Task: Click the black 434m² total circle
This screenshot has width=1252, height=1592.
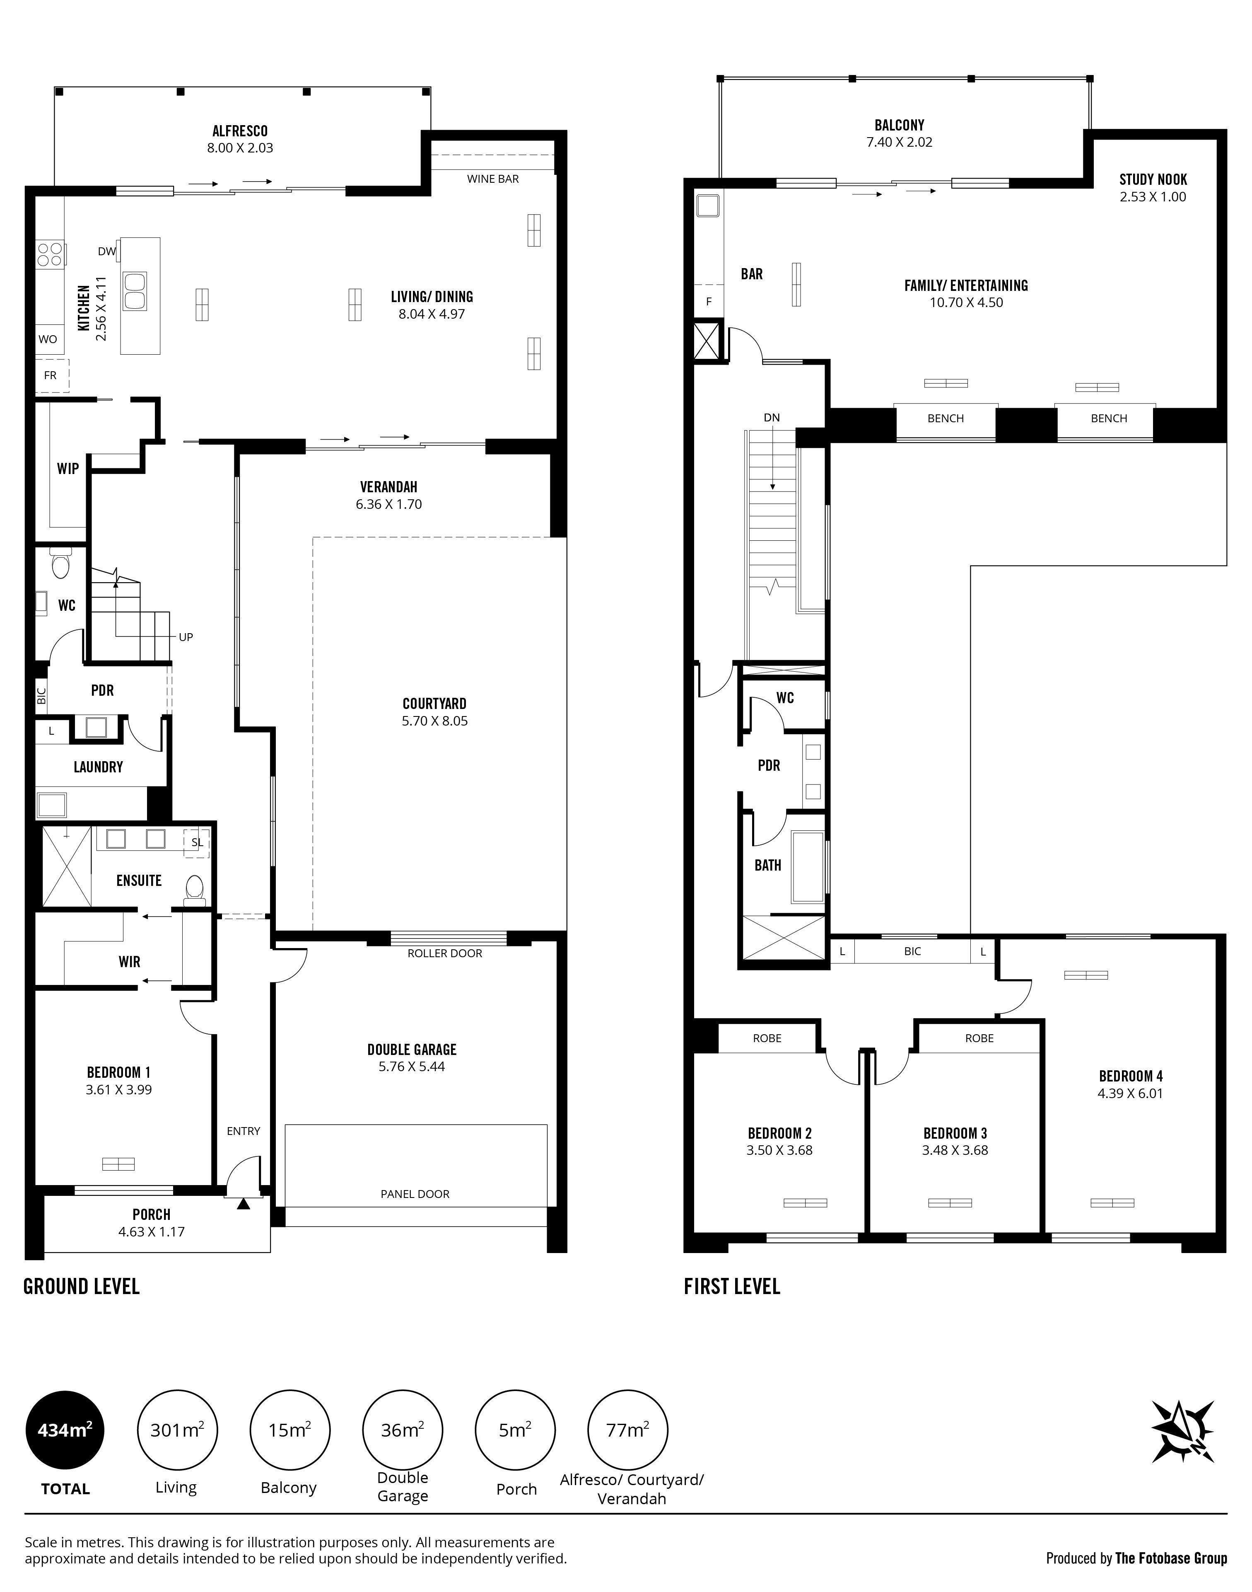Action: [x=65, y=1430]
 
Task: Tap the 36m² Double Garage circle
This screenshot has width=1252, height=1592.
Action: [x=403, y=1430]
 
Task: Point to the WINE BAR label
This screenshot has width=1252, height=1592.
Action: [x=492, y=179]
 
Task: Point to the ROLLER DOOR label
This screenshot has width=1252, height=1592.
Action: [x=445, y=953]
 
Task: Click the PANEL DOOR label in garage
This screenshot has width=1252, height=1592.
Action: [x=415, y=1194]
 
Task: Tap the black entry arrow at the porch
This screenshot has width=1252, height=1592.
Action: [x=244, y=1203]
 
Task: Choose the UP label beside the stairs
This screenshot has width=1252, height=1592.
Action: [x=186, y=637]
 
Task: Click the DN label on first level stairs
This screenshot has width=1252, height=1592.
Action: [x=772, y=418]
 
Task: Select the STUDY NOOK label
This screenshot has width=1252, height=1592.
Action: [x=1153, y=180]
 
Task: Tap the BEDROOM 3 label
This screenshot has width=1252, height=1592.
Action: [x=955, y=1133]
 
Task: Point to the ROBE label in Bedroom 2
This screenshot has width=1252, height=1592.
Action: [x=767, y=1038]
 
